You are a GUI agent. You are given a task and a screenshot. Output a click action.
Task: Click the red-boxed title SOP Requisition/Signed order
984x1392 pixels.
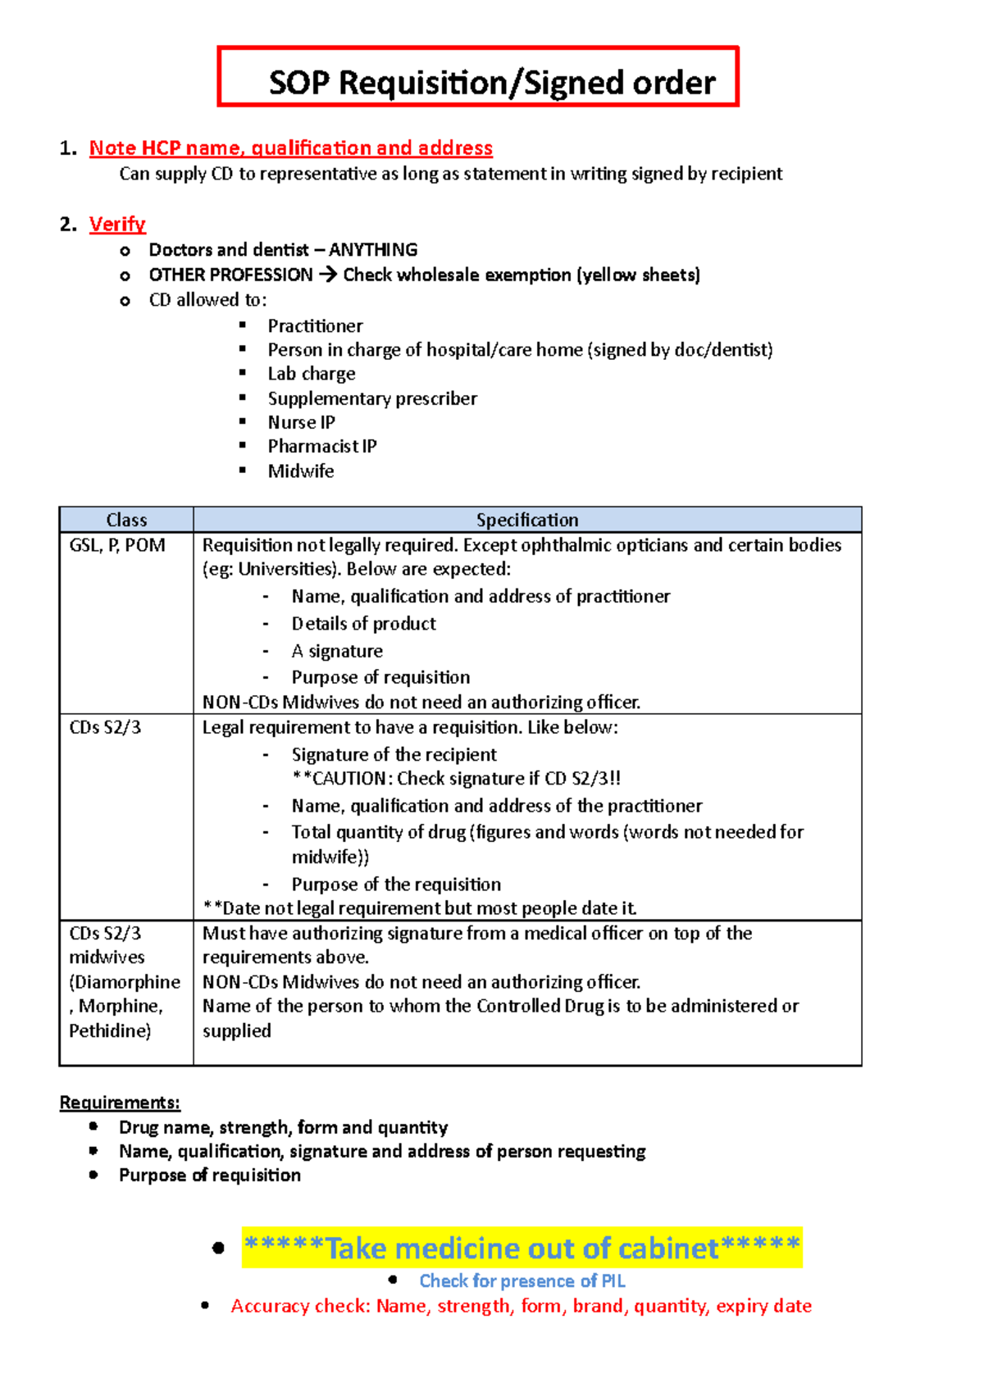(x=492, y=83)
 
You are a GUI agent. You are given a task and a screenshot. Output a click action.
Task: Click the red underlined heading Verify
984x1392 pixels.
(x=117, y=224)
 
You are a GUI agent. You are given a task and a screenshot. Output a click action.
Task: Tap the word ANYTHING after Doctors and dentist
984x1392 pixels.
(x=373, y=249)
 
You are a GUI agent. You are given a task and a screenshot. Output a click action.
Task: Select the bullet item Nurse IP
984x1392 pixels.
(x=301, y=422)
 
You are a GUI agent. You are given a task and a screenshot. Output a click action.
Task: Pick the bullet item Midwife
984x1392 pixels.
(x=301, y=471)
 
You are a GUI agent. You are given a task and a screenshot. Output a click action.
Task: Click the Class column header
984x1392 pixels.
(x=126, y=520)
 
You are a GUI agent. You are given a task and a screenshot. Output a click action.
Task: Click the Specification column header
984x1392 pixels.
(x=527, y=520)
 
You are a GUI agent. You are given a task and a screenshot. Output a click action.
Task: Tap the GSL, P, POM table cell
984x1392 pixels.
(x=117, y=545)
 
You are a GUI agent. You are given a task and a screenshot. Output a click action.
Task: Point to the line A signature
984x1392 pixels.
(x=337, y=651)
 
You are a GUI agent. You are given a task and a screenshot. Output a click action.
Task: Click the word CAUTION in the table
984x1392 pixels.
(x=348, y=778)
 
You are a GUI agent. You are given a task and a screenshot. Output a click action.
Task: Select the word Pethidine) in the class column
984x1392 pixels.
(x=110, y=1030)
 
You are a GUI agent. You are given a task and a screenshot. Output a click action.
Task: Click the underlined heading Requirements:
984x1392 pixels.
(x=120, y=1103)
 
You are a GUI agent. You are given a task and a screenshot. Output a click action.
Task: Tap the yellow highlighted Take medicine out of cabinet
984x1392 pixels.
(x=522, y=1248)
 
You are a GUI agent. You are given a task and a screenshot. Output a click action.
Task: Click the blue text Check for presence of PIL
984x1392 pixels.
(x=522, y=1281)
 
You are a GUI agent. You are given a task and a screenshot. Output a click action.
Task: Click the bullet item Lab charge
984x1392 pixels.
(x=312, y=374)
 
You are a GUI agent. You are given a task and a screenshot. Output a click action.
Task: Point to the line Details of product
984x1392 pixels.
(x=363, y=624)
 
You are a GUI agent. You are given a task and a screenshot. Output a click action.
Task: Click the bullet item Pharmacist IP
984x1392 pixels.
(x=322, y=447)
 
